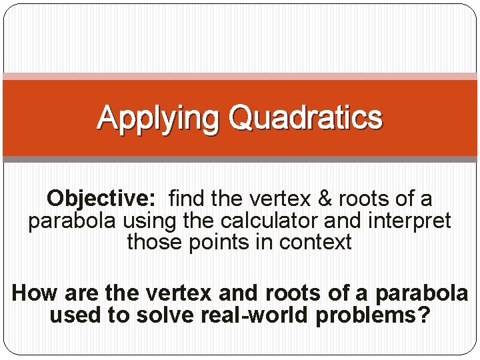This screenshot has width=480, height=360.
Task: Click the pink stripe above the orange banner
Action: (240, 77)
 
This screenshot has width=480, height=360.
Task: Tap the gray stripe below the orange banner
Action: (240, 159)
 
